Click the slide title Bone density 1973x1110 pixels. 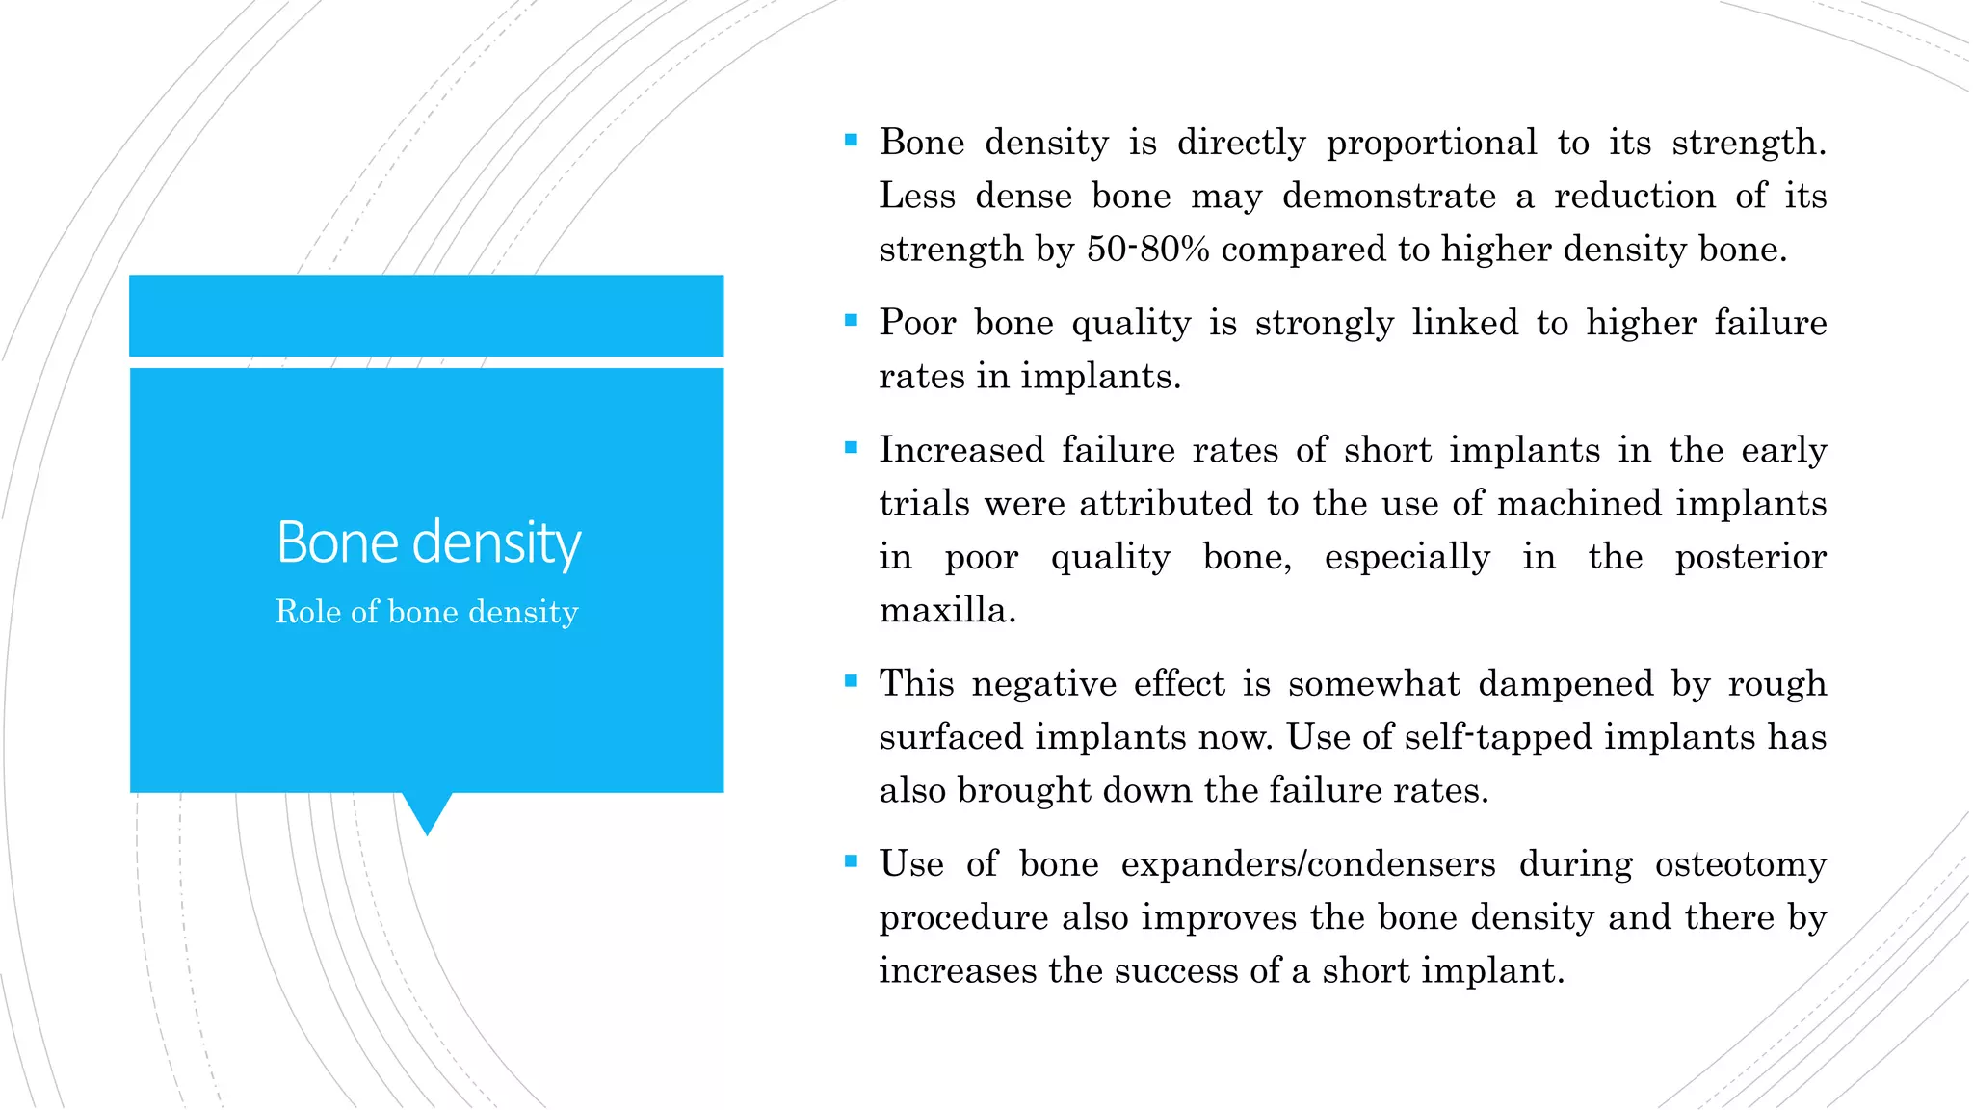coord(429,542)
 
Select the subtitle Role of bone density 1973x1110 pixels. coord(427,612)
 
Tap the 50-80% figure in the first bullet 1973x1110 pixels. coord(1147,250)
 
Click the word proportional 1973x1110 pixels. coord(1432,144)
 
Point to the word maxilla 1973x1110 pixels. coord(947,610)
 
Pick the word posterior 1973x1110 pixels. coord(1749,557)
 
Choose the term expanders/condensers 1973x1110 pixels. coord(1308,864)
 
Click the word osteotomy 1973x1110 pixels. coord(1740,864)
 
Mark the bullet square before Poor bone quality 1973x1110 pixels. coord(851,321)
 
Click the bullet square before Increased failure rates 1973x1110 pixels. coord(851,447)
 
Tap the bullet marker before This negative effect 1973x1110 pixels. coord(851,681)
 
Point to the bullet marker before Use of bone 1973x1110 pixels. coord(851,861)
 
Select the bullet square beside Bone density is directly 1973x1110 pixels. coord(851,141)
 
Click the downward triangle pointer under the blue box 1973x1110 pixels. coord(427,811)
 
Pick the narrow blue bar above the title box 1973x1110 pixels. coord(427,315)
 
